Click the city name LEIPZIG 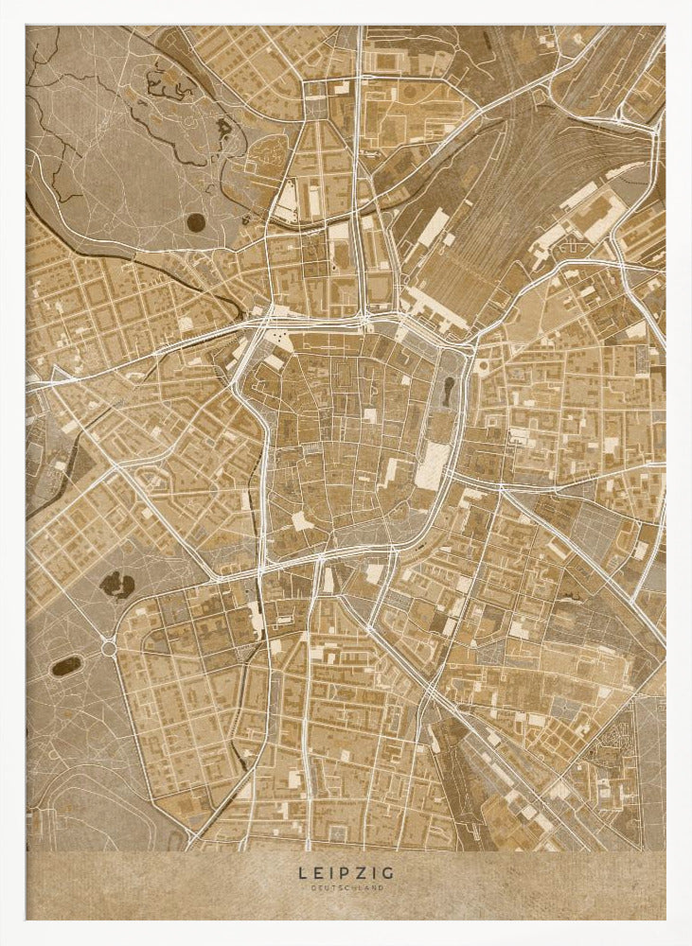[346, 872]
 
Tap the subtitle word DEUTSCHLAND [346, 888]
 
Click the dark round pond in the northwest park [196, 222]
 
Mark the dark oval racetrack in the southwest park [66, 665]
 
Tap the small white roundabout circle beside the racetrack [109, 649]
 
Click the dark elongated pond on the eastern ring [446, 391]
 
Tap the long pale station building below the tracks [435, 308]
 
